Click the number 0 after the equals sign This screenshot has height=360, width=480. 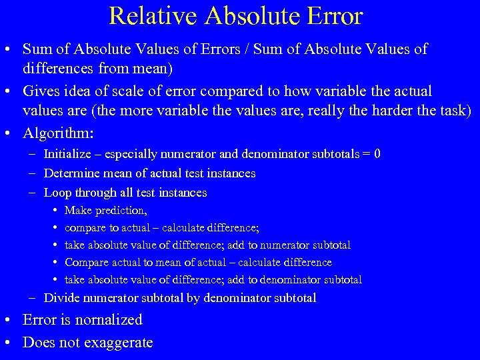click(377, 154)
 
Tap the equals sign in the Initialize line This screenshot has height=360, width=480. click(366, 154)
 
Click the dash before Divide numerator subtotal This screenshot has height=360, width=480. click(33, 298)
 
